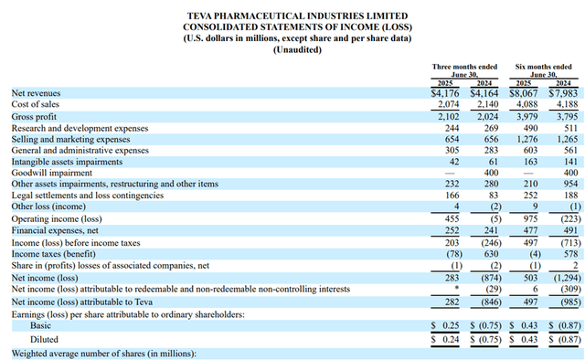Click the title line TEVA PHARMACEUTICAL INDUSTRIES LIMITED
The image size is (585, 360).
[291, 16]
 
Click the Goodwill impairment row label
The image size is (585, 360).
[49, 171]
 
